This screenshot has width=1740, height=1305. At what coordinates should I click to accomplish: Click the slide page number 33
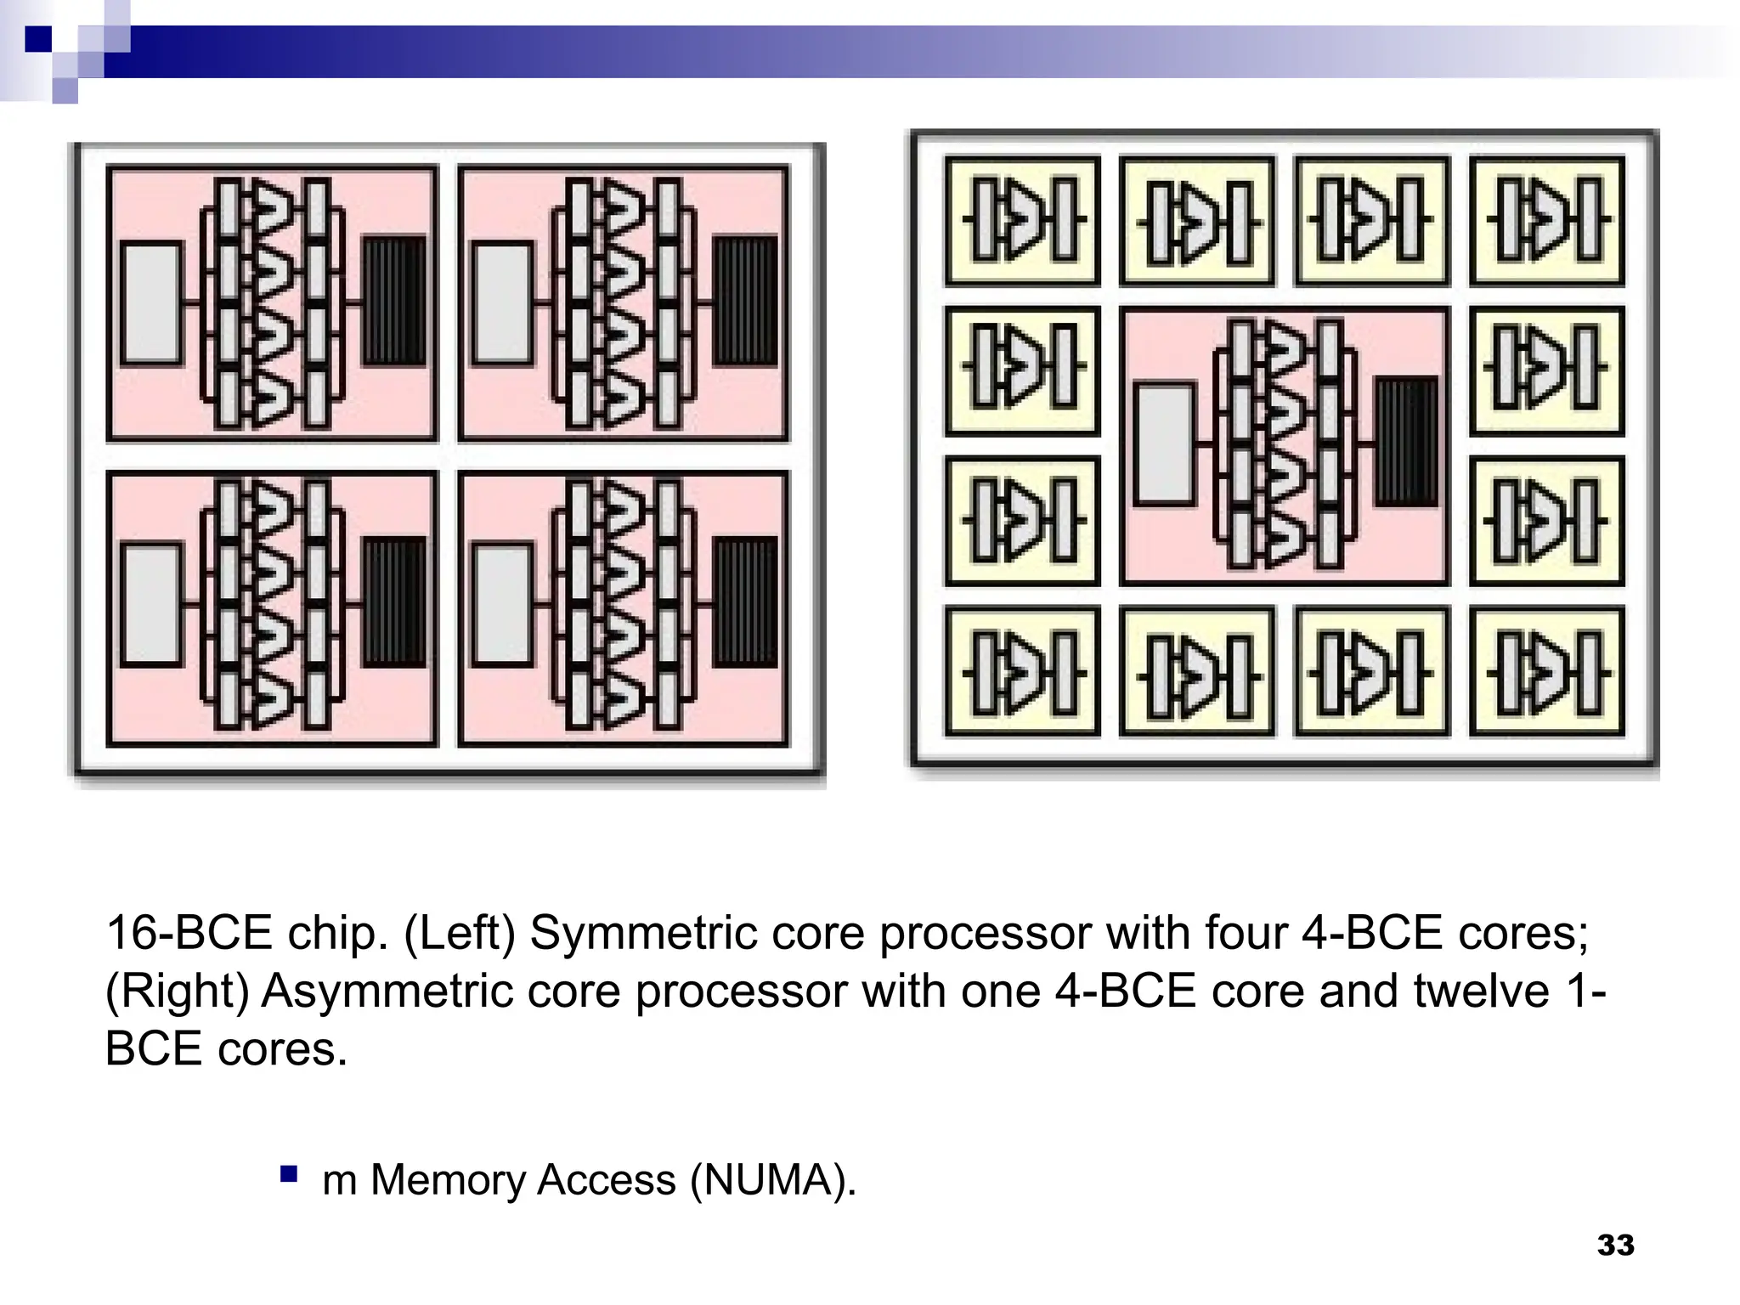[1615, 1246]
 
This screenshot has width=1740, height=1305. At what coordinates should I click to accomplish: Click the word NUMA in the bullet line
[768, 1180]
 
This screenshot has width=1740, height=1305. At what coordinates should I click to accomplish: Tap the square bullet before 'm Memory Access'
[289, 1175]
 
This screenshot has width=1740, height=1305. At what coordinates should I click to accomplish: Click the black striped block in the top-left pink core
[395, 302]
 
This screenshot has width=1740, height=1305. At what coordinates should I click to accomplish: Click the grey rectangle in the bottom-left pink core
[152, 604]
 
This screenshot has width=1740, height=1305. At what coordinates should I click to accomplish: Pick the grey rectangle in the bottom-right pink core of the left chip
[503, 604]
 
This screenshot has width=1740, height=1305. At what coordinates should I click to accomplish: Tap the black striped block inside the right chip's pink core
[1407, 443]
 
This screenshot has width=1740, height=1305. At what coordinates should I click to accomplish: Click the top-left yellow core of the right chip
[1022, 220]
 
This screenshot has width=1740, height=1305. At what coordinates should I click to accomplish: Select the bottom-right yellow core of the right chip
[1546, 671]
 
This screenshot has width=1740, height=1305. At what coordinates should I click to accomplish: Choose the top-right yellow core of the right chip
[1546, 220]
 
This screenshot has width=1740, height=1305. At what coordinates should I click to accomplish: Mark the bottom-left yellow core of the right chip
[1022, 671]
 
